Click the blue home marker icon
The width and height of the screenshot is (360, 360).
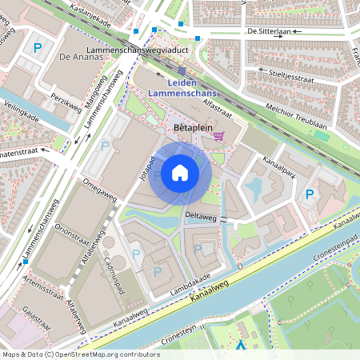click(180, 172)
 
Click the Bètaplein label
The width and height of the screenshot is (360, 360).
click(191, 127)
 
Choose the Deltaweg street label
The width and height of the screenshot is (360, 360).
click(200, 214)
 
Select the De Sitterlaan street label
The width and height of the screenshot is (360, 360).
click(268, 32)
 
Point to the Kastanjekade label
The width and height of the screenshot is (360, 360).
click(90, 14)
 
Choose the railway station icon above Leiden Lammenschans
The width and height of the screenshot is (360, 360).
click(182, 71)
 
